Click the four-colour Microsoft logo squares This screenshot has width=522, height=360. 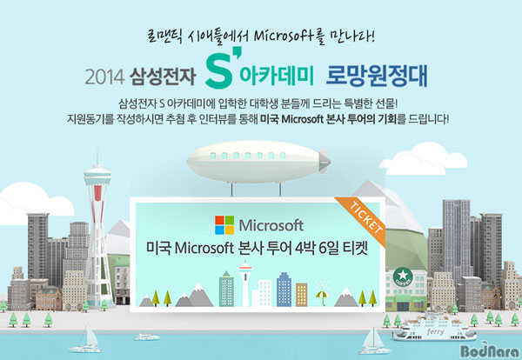224,225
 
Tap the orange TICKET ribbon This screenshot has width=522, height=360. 362,220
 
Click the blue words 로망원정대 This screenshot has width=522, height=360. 376,77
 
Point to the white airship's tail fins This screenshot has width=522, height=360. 324,161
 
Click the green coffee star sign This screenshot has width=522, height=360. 403,277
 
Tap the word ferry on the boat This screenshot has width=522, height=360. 435,331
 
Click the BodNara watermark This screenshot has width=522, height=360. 490,350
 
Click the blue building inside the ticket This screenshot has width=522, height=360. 284,290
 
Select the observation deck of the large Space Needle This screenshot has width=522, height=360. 97,177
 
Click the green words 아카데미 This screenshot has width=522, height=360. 277,77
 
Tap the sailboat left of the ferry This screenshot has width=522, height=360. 373,342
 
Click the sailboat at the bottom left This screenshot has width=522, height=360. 86,339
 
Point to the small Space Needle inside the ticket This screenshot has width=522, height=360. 245,283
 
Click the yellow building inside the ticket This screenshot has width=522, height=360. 302,295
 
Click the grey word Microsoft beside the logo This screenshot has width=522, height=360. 271,225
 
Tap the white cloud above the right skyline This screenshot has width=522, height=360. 424,159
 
